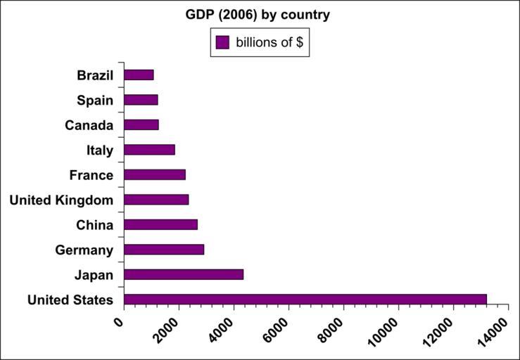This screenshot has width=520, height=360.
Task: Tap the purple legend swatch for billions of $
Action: click(223, 42)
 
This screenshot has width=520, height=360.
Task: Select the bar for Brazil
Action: click(139, 75)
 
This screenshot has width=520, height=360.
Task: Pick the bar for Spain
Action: click(141, 100)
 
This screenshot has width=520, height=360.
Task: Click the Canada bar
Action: click(141, 124)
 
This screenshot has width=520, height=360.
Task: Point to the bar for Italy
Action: click(149, 150)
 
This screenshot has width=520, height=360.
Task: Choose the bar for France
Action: click(155, 174)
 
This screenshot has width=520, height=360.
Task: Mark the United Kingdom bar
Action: click(156, 200)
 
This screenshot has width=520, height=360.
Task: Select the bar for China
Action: click(160, 224)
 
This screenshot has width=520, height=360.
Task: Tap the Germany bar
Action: click(164, 250)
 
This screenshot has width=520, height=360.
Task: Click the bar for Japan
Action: click(184, 274)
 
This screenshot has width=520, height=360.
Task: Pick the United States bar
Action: click(305, 300)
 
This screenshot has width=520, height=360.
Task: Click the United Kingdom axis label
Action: click(61, 200)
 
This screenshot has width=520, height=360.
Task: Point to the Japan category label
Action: click(94, 275)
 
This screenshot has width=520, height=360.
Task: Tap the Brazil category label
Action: click(95, 75)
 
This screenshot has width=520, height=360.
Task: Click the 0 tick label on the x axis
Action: click(119, 321)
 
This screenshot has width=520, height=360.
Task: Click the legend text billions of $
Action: click(269, 43)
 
